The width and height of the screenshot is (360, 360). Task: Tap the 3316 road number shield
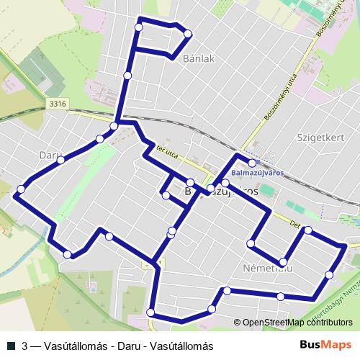click(x=58, y=104)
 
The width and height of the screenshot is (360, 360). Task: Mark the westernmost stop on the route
click(x=21, y=189)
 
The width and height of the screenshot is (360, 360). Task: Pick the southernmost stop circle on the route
click(x=150, y=312)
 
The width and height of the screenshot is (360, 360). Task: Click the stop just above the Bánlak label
click(x=188, y=34)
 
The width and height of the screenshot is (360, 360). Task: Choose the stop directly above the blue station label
click(x=252, y=163)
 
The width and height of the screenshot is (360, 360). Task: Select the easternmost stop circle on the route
click(x=330, y=274)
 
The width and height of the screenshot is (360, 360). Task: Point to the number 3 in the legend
click(x=26, y=346)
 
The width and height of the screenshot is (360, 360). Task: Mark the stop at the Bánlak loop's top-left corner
click(x=138, y=27)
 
